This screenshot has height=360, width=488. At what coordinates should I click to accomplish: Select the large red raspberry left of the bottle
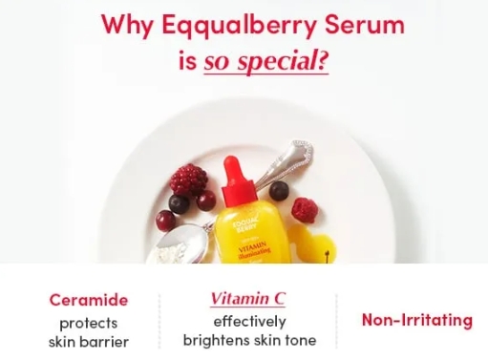187,179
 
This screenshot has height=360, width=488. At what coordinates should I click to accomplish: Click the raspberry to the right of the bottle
307,209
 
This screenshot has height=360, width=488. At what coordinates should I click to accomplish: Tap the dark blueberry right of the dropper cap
280,190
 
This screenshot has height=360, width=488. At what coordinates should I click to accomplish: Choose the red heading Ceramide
88,300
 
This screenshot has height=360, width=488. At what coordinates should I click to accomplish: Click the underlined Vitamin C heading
247,299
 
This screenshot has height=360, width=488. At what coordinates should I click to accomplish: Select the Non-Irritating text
416,320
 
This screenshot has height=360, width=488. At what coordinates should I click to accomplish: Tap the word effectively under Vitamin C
248,321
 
